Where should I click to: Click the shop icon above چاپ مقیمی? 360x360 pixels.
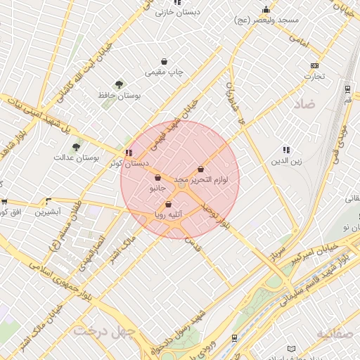tap(165, 61)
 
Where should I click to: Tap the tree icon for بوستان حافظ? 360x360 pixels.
tap(119, 84)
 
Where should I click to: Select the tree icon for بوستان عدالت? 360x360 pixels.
tap(76, 147)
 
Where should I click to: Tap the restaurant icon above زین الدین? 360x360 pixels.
tap(285, 150)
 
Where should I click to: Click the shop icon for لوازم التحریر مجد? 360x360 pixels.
tap(202, 169)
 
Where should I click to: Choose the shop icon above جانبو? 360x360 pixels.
tap(157, 178)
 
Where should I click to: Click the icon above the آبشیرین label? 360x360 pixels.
tap(49, 201)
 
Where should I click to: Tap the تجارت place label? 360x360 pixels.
tap(314, 77)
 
